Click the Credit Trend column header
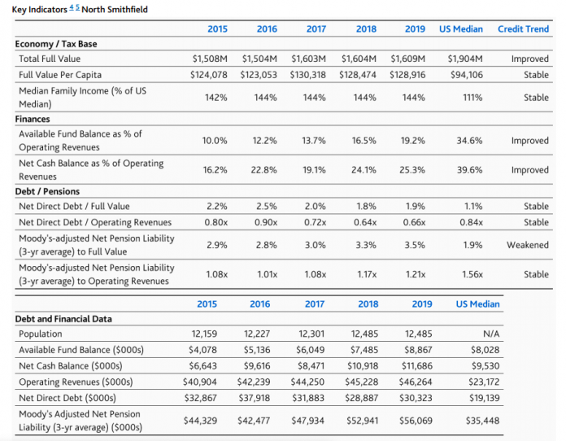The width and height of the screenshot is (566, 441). coord(523,29)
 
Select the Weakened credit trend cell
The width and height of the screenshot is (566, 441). coord(528,245)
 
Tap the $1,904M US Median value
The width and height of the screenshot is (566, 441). coord(465,59)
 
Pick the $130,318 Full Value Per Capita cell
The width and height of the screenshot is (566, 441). coord(307,75)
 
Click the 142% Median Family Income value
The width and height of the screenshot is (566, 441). coord(216,98)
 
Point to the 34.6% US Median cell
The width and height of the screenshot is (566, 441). coord(469,141)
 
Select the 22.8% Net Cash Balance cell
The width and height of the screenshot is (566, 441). coord(263,170)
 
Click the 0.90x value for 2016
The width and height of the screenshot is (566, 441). coord(266,222)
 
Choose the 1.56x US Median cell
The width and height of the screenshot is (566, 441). coord(472,274)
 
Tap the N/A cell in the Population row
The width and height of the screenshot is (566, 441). coord(491,334)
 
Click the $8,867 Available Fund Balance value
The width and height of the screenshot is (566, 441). coord(417,350)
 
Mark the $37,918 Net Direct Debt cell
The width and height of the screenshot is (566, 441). coord(254,398)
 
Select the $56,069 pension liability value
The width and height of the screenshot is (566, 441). coord(416,421)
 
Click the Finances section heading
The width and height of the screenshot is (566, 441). coord(33,119)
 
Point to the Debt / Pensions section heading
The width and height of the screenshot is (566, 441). coord(47,191)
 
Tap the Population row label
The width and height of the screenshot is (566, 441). coord(41,334)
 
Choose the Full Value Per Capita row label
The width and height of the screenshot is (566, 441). coord(60,75)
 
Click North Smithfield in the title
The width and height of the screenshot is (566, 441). coord(115,10)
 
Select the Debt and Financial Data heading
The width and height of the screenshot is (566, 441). coord(63,319)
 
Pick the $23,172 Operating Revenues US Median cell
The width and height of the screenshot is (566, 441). coord(484,382)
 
